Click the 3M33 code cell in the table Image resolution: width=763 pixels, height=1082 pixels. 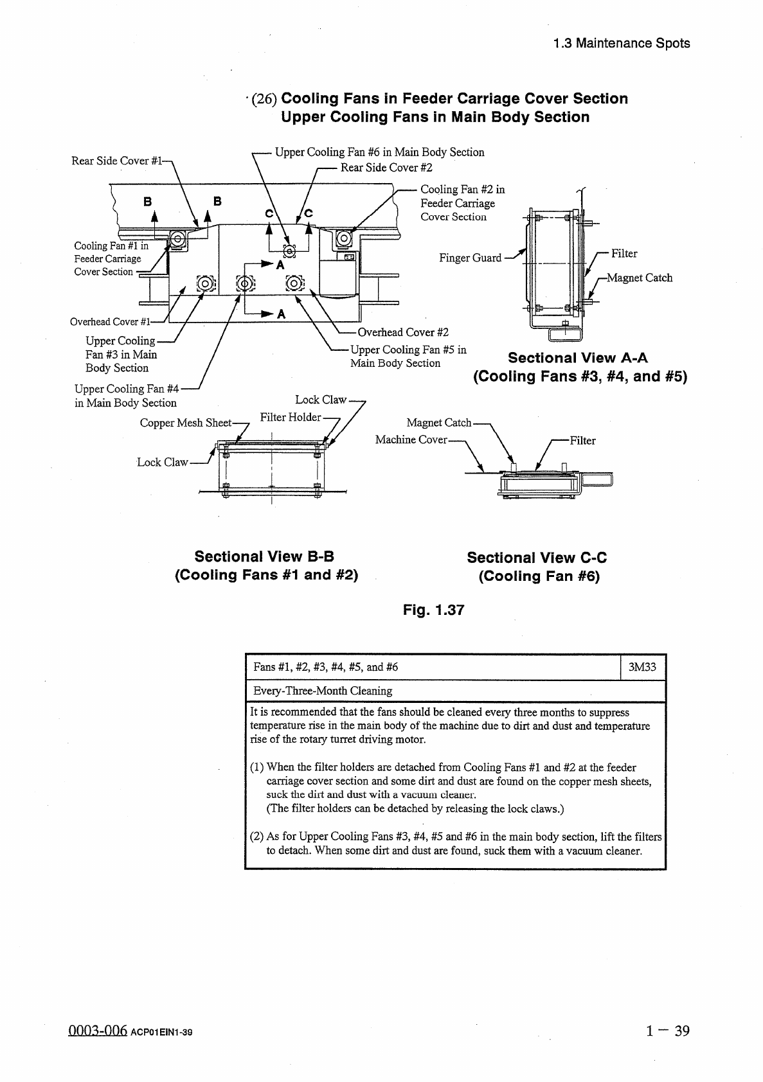(642, 667)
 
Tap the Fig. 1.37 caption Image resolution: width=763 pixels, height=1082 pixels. (433, 610)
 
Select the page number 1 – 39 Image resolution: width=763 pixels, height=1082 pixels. (668, 1031)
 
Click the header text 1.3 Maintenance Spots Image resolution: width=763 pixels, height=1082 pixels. (621, 44)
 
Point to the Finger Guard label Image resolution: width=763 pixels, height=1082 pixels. (470, 258)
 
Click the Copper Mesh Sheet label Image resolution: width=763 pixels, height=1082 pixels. (186, 423)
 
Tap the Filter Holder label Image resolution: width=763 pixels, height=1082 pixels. (290, 417)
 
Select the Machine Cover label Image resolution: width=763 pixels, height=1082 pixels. (411, 440)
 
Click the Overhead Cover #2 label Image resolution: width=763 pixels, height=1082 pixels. (403, 332)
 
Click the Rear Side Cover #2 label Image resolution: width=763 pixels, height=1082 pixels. (386, 168)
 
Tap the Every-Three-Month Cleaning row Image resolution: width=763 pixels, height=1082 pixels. (323, 691)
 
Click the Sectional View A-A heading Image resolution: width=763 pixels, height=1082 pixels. (577, 358)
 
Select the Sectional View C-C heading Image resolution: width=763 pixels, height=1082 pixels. (537, 558)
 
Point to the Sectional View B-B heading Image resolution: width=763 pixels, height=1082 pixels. (264, 556)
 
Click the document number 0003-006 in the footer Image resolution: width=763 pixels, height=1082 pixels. (96, 1031)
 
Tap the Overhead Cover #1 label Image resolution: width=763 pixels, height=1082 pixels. (110, 322)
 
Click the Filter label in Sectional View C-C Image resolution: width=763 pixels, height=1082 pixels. (582, 441)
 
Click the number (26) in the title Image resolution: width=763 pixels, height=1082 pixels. (264, 100)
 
